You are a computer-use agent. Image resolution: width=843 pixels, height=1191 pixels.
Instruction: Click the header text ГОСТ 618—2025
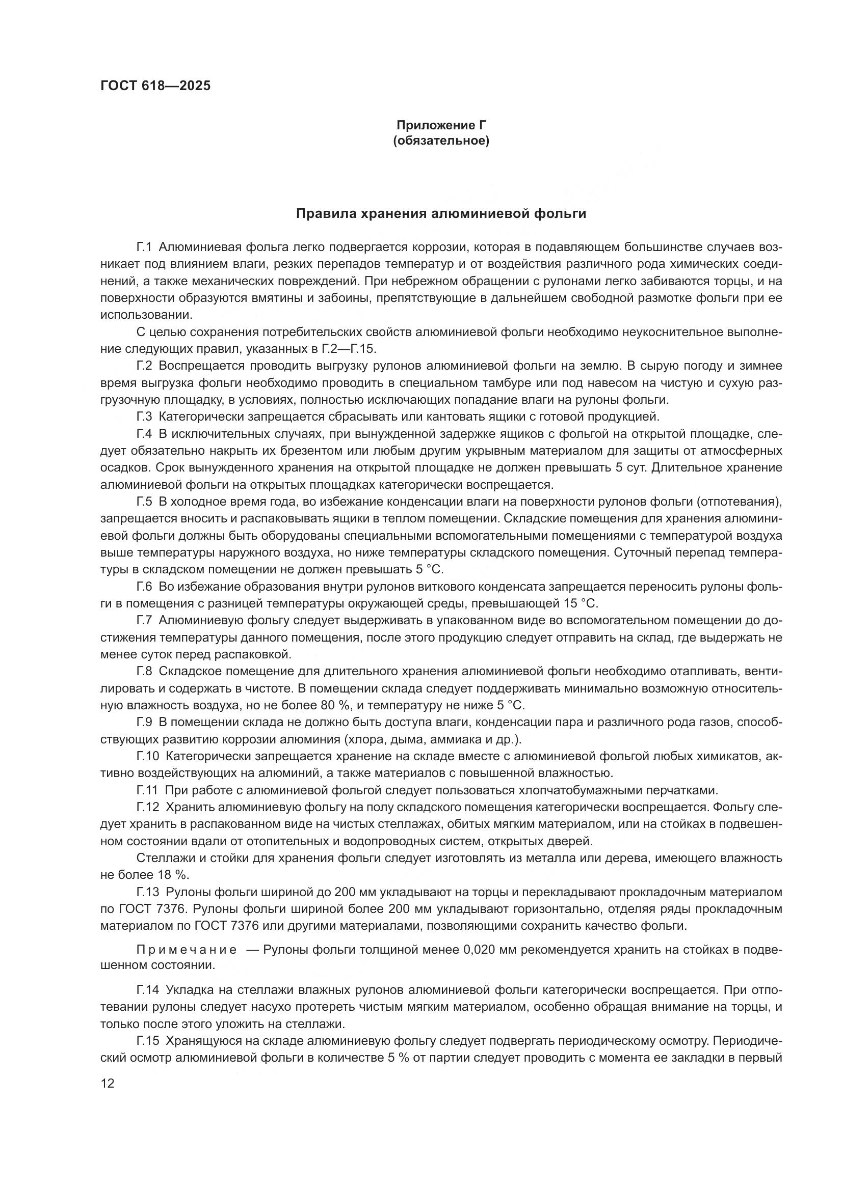coord(155,86)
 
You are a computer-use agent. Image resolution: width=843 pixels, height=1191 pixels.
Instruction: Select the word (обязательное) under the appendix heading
coord(441,141)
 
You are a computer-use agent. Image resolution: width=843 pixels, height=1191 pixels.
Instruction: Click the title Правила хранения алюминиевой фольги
coord(441,214)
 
